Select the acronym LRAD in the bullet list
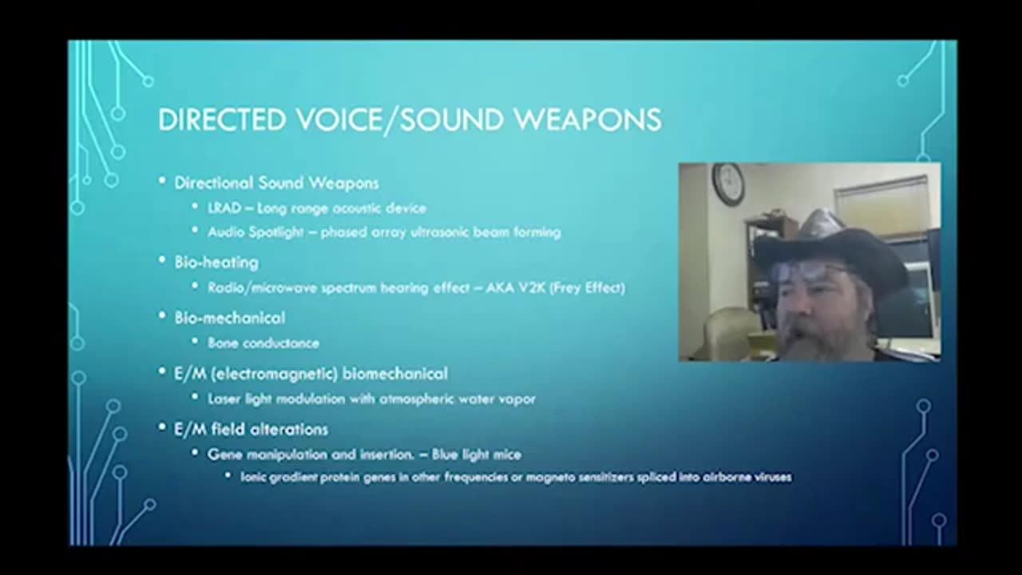224,208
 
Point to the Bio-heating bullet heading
216,262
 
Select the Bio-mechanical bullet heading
229,318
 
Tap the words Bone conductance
263,343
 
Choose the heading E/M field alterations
251,430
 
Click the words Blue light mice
477,454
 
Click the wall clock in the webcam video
728,184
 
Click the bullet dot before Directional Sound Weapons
162,183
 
